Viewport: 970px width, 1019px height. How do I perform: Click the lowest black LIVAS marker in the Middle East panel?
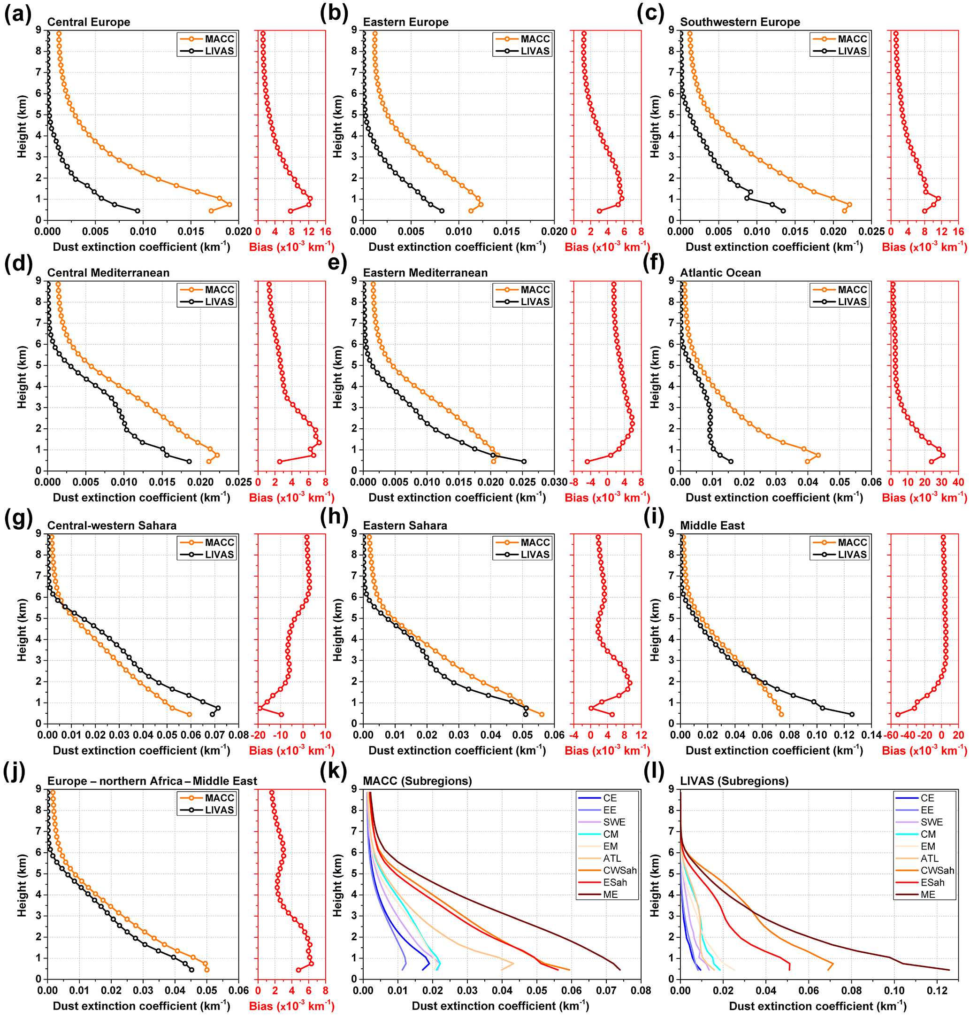852,714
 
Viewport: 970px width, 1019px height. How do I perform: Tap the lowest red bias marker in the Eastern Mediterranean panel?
588,462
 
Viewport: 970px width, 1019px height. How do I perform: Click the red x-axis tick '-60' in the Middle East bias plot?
891,735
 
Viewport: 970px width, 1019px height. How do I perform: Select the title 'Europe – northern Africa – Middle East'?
152,781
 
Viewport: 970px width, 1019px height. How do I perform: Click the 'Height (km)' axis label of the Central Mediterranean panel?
22,377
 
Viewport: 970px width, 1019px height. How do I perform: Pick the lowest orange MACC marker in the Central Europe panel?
211,211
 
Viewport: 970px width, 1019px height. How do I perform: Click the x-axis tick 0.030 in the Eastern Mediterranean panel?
554,482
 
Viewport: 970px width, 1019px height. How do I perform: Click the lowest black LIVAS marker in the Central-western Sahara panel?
212,714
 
